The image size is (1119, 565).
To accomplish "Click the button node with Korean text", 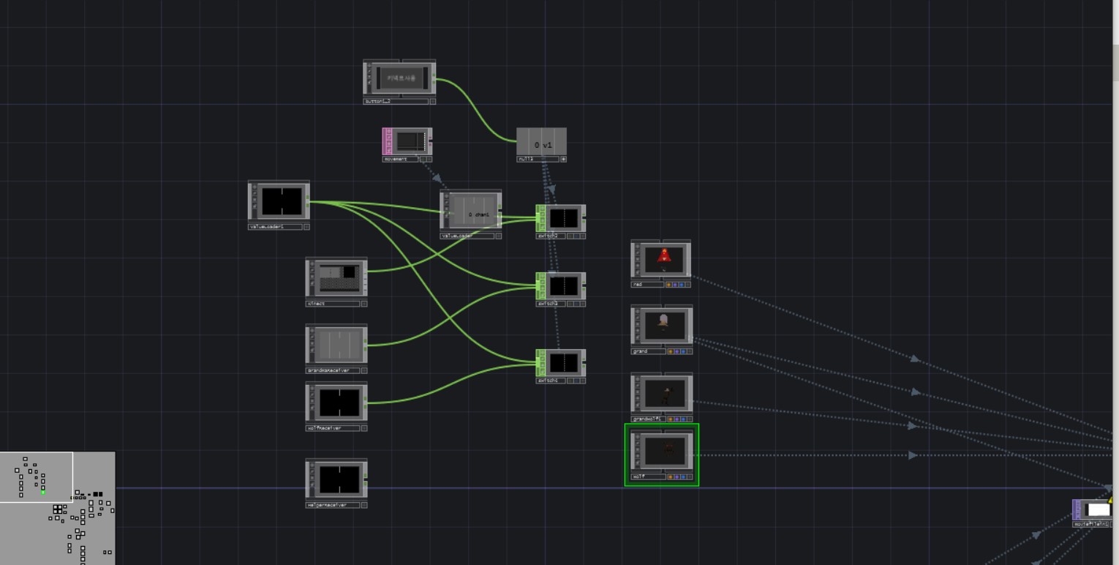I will pyautogui.click(x=400, y=78).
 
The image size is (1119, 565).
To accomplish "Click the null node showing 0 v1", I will pyautogui.click(x=541, y=143).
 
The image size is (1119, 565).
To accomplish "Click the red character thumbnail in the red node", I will pyautogui.click(x=663, y=258).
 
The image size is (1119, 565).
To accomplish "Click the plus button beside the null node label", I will pyautogui.click(x=563, y=159).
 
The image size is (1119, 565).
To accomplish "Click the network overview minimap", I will pyautogui.click(x=57, y=508).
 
